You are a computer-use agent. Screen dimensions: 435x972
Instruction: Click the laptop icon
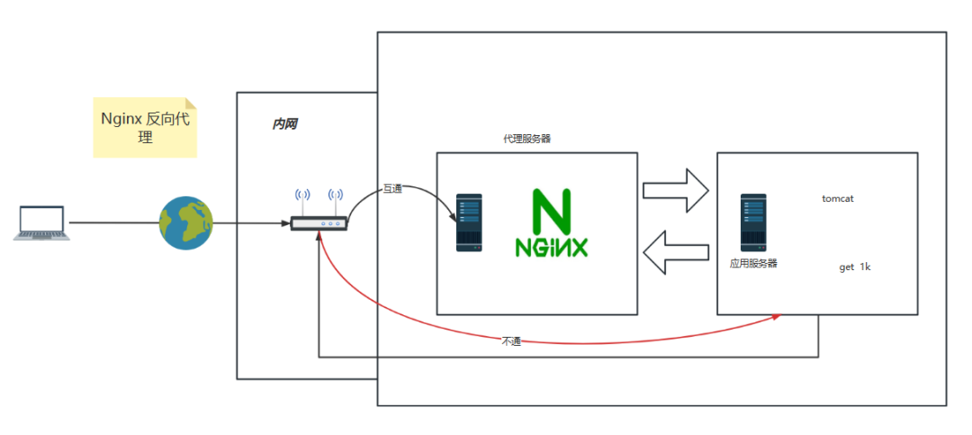pyautogui.click(x=42, y=222)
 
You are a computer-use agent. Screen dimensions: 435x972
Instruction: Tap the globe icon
pyautogui.click(x=186, y=222)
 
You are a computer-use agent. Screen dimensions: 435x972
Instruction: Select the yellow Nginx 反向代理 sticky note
pyautogui.click(x=145, y=128)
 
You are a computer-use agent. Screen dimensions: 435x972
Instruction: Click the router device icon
pyautogui.click(x=319, y=223)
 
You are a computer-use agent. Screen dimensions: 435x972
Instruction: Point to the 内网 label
pyautogui.click(x=284, y=123)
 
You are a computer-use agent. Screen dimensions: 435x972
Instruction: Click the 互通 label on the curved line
pyautogui.click(x=392, y=188)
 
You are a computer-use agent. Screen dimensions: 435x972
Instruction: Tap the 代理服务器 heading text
pyautogui.click(x=526, y=139)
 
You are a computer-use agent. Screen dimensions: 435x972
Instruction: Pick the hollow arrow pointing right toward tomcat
pyautogui.click(x=676, y=190)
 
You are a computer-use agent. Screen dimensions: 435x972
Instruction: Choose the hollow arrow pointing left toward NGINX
pyautogui.click(x=676, y=251)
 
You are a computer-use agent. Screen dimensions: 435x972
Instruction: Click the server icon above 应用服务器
pyautogui.click(x=753, y=222)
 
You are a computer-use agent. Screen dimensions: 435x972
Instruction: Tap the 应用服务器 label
pyautogui.click(x=753, y=263)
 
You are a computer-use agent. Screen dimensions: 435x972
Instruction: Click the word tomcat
pyautogui.click(x=838, y=197)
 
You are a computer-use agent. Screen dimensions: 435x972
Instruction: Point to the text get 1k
pyautogui.click(x=855, y=267)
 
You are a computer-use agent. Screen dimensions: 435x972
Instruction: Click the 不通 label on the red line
pyautogui.click(x=511, y=341)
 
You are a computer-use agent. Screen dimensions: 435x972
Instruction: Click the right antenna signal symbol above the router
pyautogui.click(x=336, y=195)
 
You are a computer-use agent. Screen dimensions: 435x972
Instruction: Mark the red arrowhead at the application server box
pyautogui.click(x=778, y=317)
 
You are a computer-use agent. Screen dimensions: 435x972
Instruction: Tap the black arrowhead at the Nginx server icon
pyautogui.click(x=454, y=218)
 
